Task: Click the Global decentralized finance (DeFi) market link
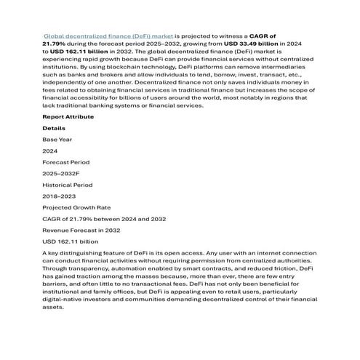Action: tap(108, 35)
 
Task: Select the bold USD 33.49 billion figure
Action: tap(252, 43)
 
